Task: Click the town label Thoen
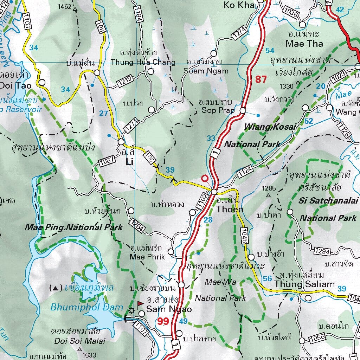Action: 230,209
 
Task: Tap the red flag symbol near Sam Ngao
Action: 140,303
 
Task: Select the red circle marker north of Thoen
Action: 204,178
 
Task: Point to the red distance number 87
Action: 261,79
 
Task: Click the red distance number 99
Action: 163,321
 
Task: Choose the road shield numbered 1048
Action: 245,236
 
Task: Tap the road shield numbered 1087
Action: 107,161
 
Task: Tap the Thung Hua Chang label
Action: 143,62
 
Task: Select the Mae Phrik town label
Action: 147,257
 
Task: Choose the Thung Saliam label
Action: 304,284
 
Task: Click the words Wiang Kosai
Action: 270,127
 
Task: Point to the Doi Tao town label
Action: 15,85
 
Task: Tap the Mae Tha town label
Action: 304,44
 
